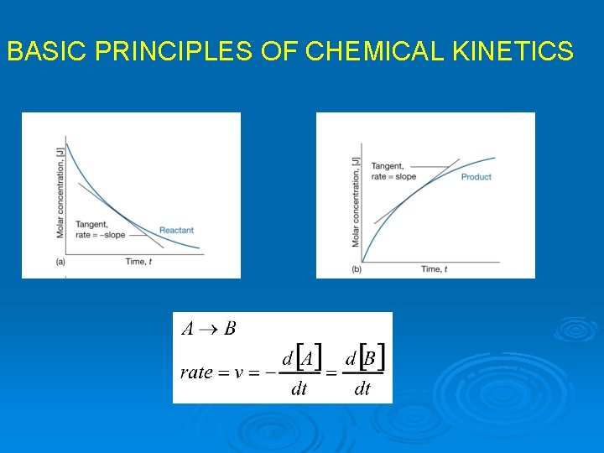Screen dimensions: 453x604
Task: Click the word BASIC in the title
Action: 47,52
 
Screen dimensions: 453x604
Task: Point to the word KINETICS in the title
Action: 513,52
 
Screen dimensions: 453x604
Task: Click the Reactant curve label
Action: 176,230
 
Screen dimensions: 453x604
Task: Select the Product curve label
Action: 476,177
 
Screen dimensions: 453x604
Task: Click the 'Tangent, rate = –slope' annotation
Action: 100,229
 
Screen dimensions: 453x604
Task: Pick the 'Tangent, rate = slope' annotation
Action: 393,171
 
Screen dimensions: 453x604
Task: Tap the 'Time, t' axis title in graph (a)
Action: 138,262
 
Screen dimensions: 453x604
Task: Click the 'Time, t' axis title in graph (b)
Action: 434,268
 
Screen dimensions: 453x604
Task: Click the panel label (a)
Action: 60,263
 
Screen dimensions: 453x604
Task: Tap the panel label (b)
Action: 356,269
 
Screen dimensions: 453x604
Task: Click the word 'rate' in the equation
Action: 196,372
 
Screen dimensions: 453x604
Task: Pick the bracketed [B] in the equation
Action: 371,359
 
